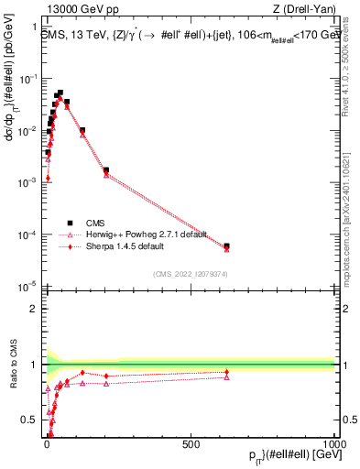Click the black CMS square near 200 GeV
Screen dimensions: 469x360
click(x=106, y=169)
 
